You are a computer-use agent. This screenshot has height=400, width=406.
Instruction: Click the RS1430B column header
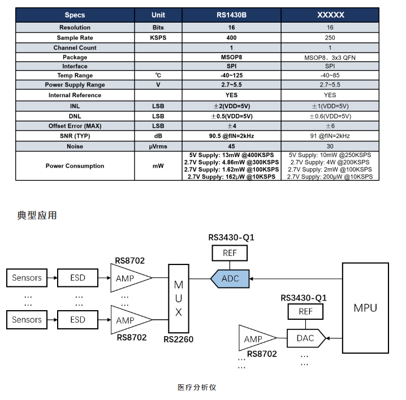231,15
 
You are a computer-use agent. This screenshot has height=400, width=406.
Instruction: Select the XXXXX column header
330,15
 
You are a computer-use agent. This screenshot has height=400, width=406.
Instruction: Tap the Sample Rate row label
75,37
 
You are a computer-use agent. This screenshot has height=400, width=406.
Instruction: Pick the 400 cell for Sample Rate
231,37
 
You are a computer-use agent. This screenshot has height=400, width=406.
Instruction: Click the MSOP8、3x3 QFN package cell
330,57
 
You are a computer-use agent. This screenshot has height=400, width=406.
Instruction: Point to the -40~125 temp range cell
231,75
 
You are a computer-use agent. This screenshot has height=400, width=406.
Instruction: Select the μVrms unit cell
158,146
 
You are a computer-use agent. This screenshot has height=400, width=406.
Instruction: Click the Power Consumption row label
75,166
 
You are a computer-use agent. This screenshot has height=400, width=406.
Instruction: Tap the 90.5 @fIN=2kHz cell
231,136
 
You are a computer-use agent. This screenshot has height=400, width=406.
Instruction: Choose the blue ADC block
230,279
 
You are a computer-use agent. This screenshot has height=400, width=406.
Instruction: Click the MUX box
179,298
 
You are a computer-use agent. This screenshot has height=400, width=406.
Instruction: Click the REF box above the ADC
230,253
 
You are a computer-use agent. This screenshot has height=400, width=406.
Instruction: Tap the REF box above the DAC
305,311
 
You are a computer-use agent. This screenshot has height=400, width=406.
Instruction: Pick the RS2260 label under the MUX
178,340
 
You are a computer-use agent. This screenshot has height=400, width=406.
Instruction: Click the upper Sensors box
27,278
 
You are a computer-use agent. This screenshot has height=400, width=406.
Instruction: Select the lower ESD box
77,320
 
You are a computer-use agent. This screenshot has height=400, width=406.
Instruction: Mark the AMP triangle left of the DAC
256,339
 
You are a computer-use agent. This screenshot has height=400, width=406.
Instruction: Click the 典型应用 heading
37,215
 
